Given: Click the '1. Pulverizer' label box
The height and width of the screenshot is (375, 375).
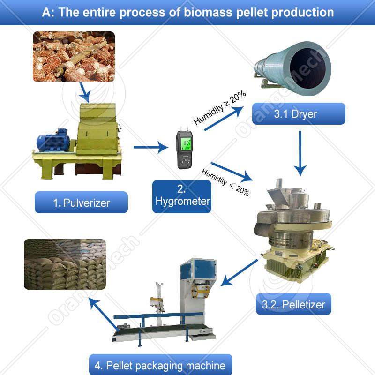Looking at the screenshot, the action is coord(81,202).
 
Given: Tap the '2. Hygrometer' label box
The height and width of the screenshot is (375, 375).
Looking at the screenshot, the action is coord(181,196).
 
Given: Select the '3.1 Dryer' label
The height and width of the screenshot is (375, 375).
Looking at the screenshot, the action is coord(298,113).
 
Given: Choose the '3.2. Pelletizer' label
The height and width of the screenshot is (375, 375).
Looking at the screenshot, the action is coord(293,304).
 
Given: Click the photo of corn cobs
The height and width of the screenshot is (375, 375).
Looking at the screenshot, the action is coord(74,56).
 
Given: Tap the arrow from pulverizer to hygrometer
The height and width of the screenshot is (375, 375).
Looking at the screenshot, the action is coord(151,148).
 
